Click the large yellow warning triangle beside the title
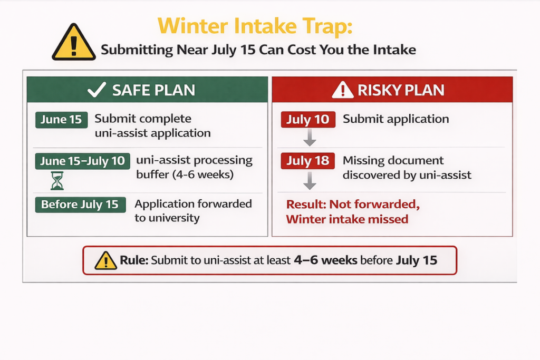coord(73,42)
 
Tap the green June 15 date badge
coord(61,120)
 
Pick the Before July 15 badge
coord(80,205)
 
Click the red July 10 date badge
coord(308,120)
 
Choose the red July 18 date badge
coord(308,161)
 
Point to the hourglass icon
coord(57,180)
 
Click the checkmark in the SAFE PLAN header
coord(97,90)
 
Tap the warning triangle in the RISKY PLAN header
coord(343,90)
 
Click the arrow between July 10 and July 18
coord(310,138)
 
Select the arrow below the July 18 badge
coord(310,180)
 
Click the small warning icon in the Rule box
coord(105,260)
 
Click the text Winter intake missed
coord(347,219)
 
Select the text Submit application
coord(396,119)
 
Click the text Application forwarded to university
coord(193,211)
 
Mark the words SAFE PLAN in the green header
coord(153,90)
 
